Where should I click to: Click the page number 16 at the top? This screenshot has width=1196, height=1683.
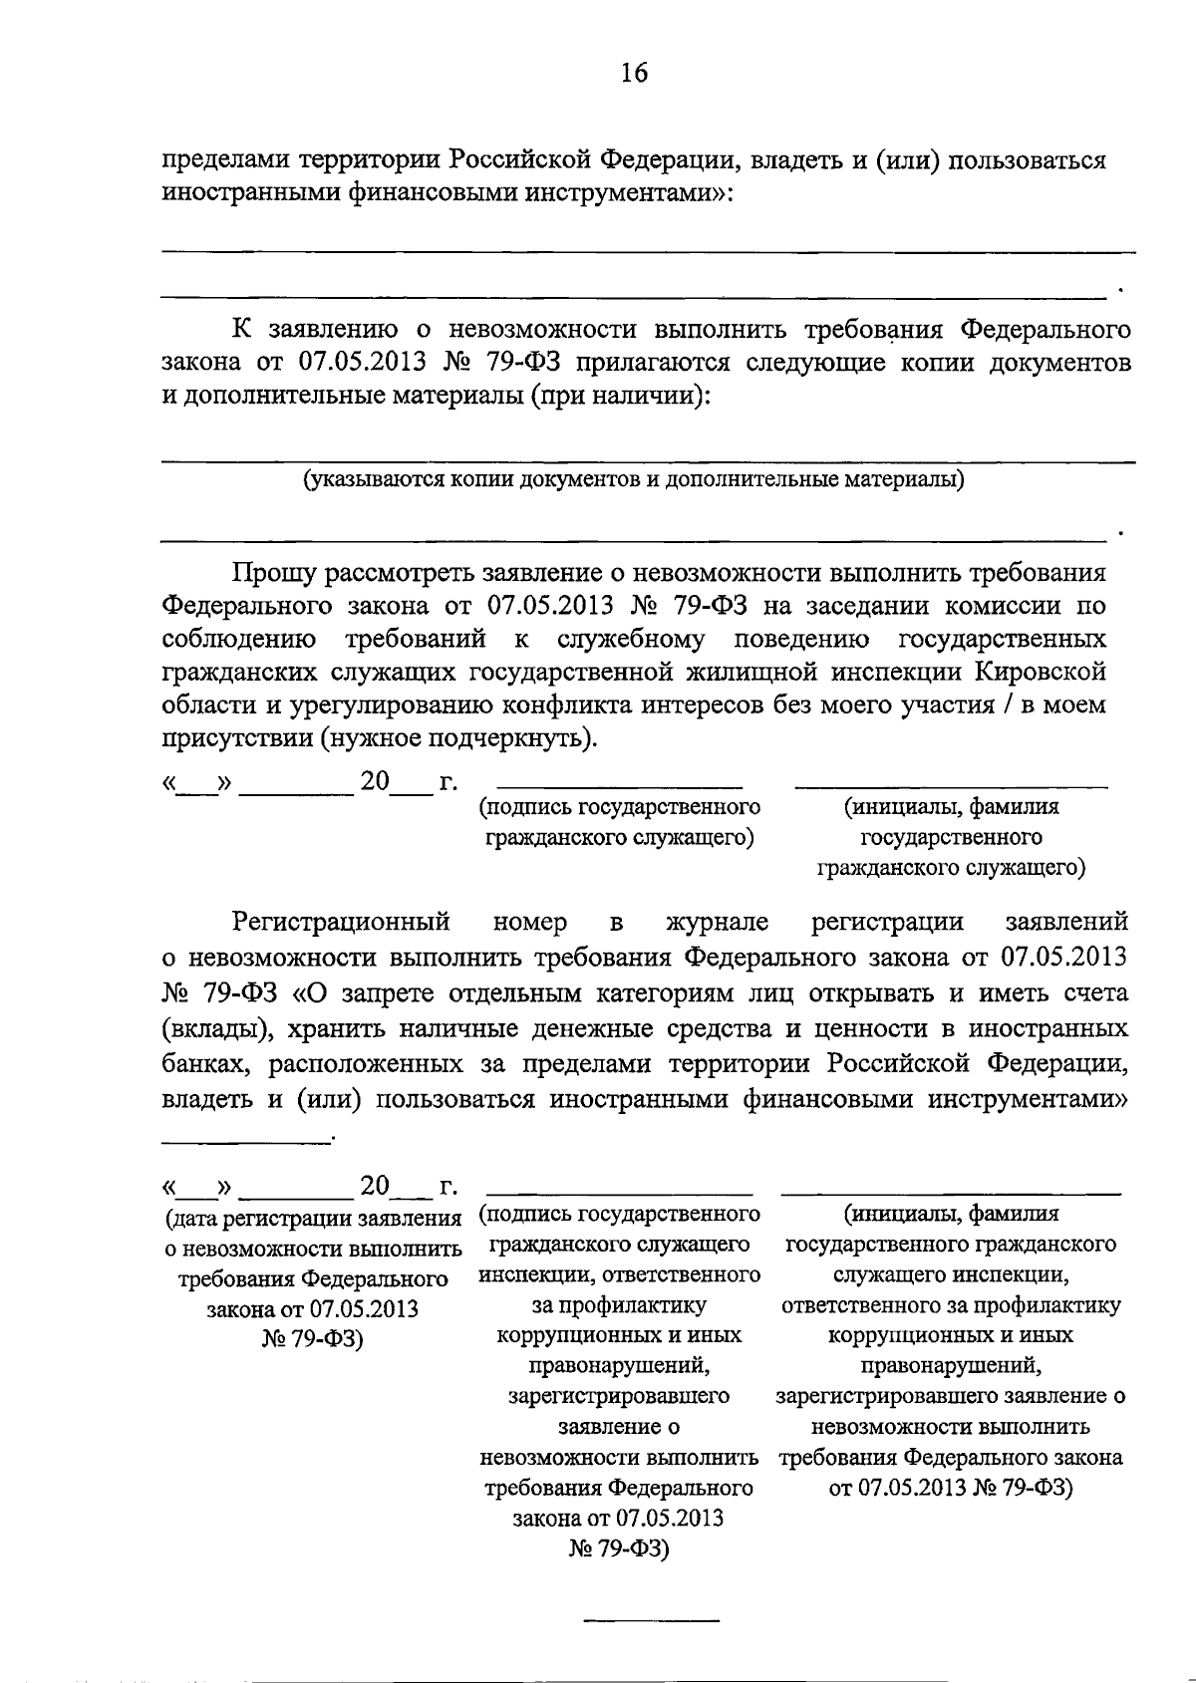[x=634, y=73]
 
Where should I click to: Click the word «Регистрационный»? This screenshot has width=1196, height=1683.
[x=342, y=922]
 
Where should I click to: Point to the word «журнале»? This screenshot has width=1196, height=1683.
[x=718, y=922]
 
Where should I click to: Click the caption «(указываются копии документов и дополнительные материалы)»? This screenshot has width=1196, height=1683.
[x=635, y=480]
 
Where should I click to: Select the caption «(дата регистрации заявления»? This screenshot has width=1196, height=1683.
[x=313, y=1218]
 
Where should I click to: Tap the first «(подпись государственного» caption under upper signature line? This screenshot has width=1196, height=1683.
[x=619, y=806]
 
